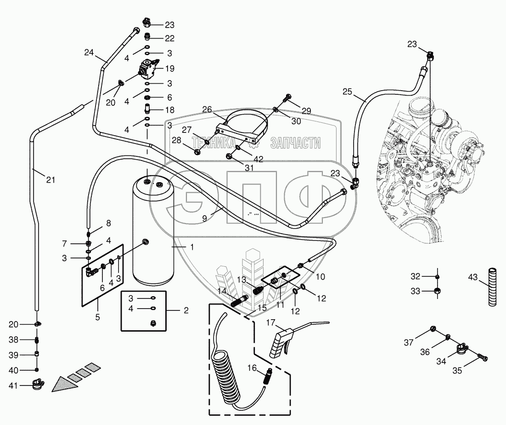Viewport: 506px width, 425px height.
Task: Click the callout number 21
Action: coord(51,180)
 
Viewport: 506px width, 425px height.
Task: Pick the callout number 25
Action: coord(348,92)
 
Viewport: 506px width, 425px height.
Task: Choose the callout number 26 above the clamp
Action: coord(207,109)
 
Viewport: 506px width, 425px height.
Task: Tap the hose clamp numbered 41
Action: coord(38,383)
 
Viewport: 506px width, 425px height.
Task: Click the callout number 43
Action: coord(473,278)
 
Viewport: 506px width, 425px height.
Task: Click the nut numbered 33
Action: coord(438,291)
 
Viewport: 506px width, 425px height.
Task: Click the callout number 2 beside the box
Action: coord(186,310)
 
